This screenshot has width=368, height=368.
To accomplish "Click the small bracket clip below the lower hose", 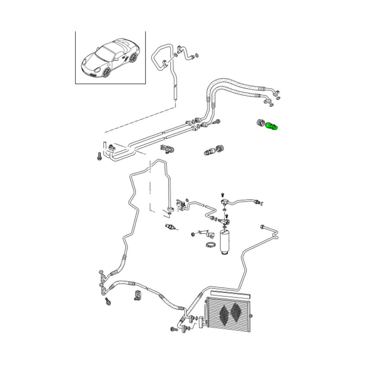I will point(137,295).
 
